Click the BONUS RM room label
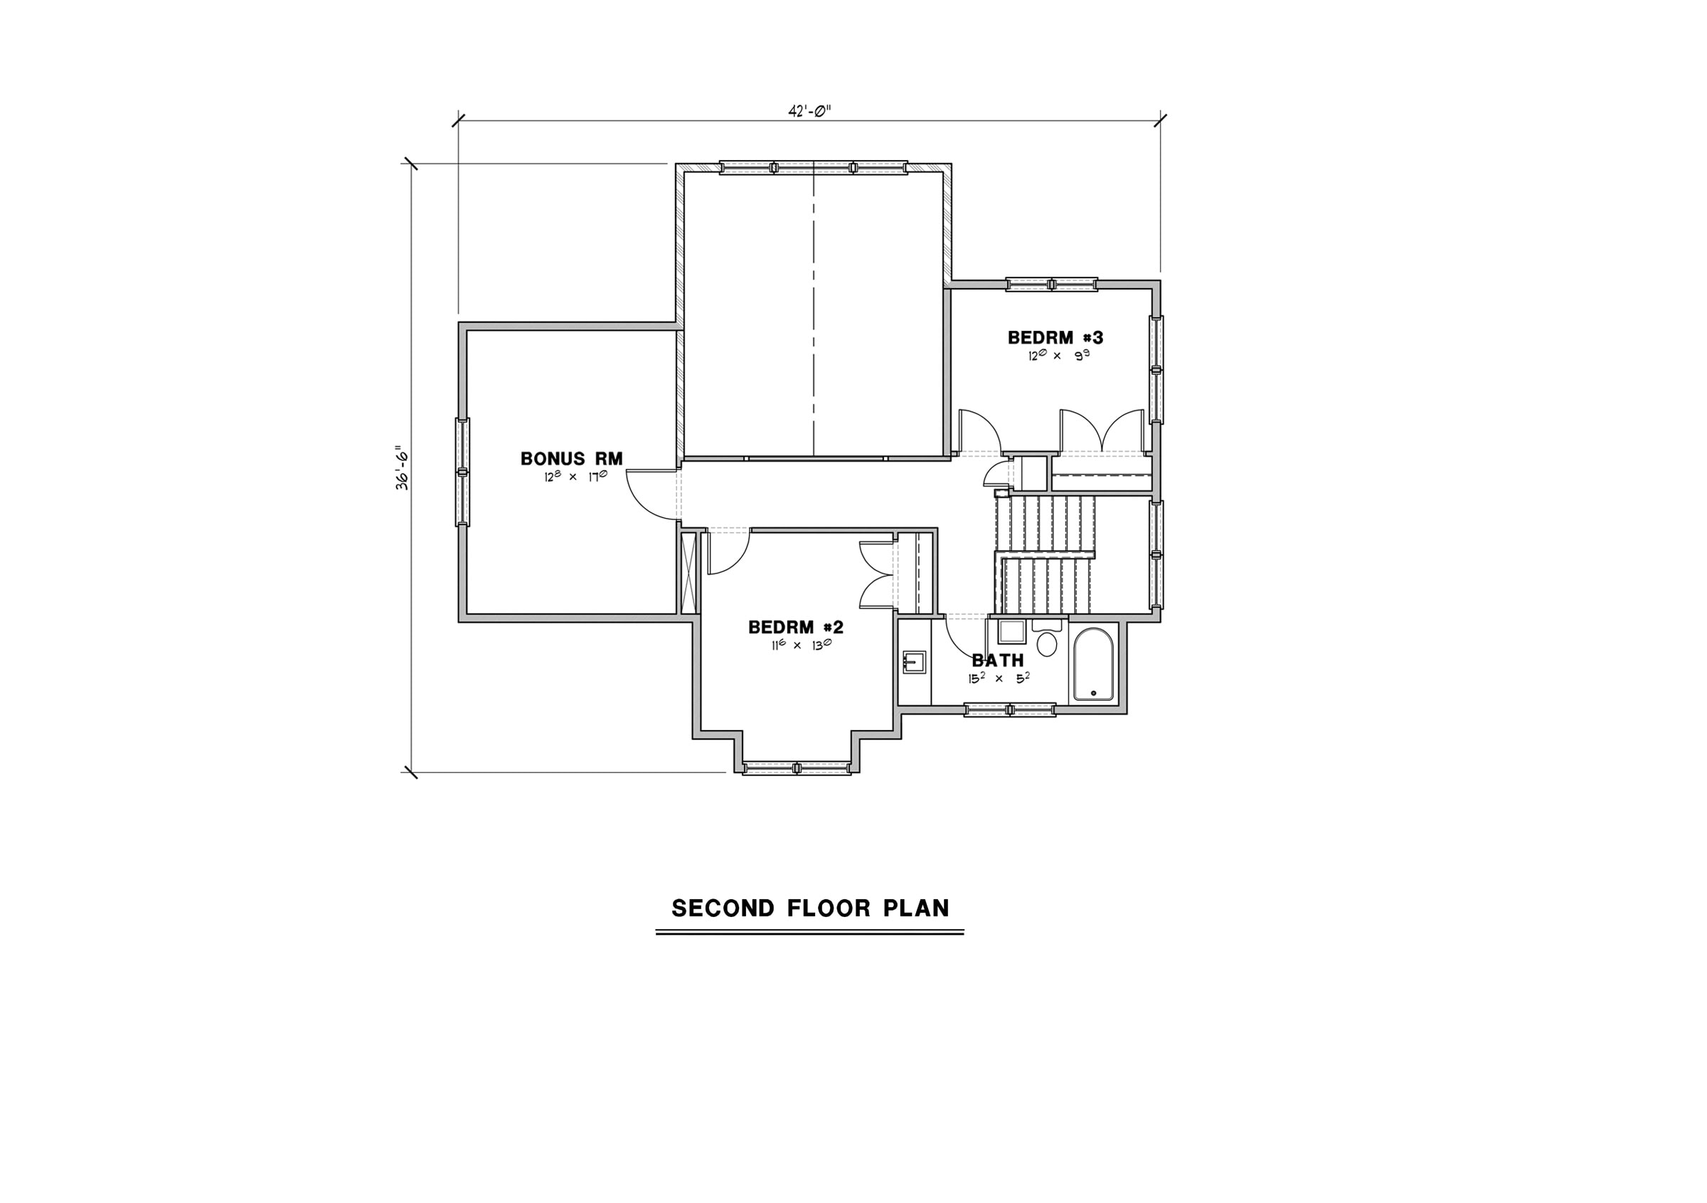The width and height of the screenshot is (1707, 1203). point(571,459)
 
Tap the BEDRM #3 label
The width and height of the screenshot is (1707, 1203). point(1055,337)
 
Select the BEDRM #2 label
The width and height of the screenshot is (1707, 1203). point(795,627)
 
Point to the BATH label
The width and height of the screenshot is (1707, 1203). point(998,660)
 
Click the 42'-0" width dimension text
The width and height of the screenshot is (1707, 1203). point(809,112)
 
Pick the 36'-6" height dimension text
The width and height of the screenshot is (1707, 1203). point(403,467)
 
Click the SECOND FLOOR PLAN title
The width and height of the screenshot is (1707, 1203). point(810,908)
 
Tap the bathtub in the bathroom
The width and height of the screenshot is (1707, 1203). point(1093,664)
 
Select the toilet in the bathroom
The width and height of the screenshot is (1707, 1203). point(1047,640)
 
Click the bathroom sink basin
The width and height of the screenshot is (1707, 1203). point(914,662)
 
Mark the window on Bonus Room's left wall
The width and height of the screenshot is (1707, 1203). point(462,472)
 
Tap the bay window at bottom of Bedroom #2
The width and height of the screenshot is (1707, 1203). point(797,768)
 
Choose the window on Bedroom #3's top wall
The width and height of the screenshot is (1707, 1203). point(1051,284)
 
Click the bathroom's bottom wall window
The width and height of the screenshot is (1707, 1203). point(1010,710)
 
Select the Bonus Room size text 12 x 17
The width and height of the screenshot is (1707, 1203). point(575,476)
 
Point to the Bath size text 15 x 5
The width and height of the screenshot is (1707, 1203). point(999,678)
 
